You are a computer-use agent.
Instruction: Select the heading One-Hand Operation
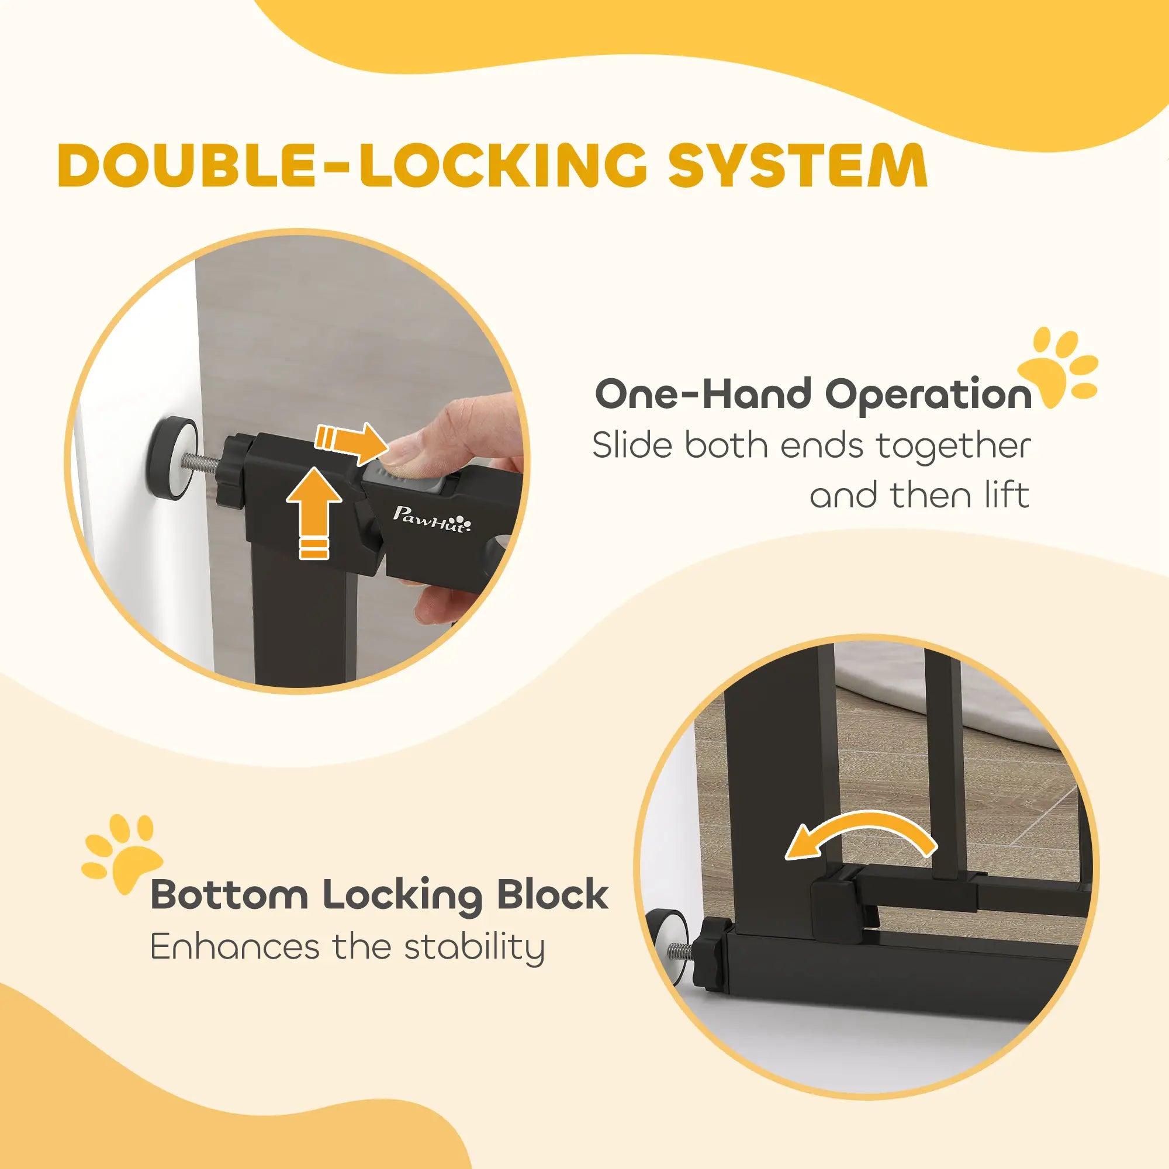pos(813,394)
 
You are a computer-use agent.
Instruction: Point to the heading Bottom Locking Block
pos(379,896)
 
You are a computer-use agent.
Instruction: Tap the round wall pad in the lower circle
pos(666,952)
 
